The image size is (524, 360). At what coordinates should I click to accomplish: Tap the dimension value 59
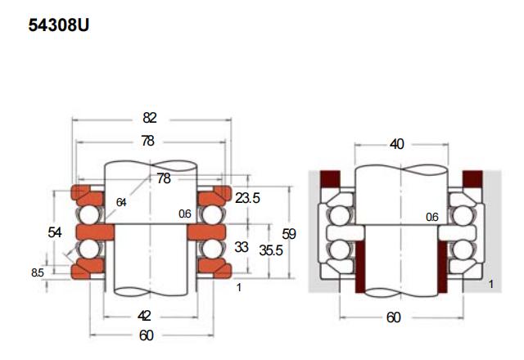[x=288, y=234]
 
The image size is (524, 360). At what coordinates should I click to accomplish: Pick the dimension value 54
[x=55, y=232]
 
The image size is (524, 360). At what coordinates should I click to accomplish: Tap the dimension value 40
[x=397, y=145]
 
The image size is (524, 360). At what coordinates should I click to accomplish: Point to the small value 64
[x=122, y=202]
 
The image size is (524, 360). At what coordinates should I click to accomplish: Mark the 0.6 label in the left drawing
[x=184, y=214]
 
